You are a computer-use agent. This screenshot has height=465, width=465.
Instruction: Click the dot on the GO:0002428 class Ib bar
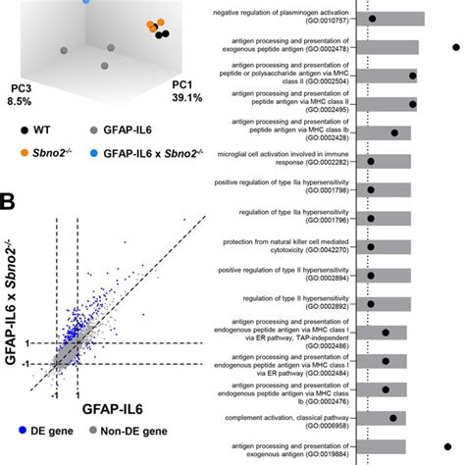pos(394,132)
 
